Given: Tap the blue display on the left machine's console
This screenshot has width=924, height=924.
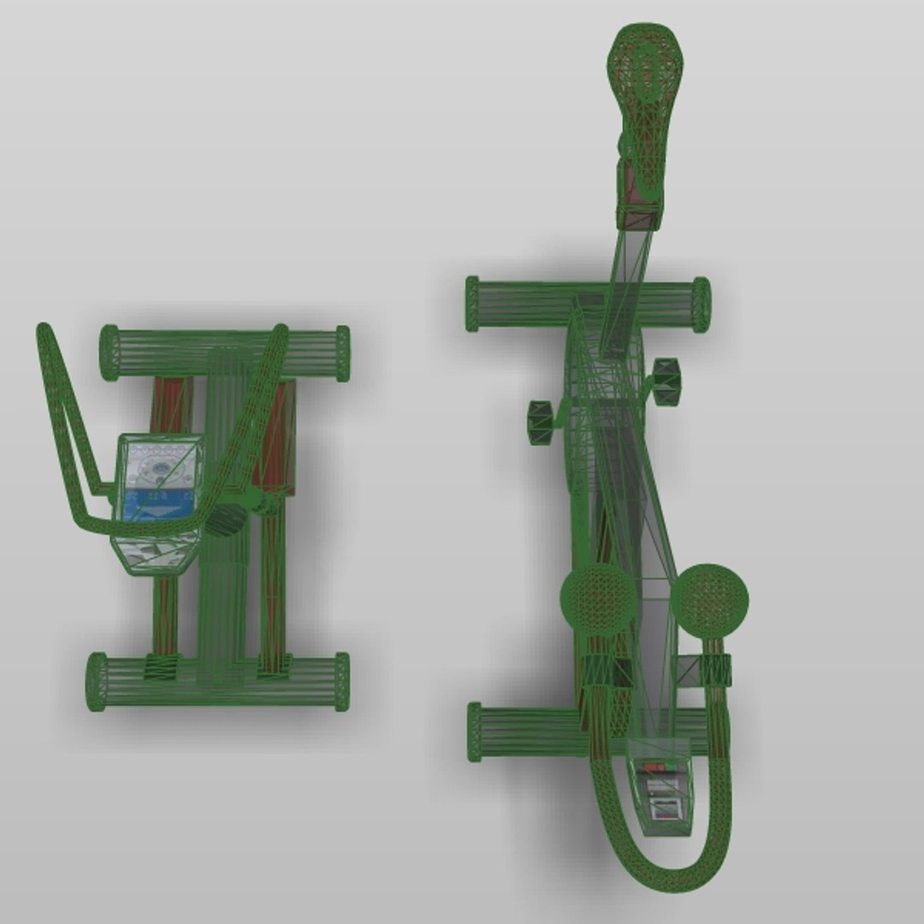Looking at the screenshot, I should click(158, 506).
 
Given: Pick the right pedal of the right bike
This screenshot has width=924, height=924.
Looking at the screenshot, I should click(666, 382).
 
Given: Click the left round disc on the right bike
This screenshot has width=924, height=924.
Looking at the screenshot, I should click(598, 599).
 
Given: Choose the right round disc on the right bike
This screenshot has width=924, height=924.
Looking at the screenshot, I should click(709, 601).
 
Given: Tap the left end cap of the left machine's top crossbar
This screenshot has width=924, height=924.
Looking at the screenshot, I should click(110, 352).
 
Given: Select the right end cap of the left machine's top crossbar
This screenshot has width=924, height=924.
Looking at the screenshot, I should click(342, 353).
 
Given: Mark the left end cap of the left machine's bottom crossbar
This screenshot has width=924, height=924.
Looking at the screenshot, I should click(97, 681).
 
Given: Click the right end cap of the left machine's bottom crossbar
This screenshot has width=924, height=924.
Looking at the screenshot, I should click(342, 681).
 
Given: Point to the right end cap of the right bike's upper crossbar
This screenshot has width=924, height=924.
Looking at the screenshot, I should click(702, 305).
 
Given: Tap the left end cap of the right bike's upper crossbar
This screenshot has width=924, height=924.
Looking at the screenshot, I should click(472, 304).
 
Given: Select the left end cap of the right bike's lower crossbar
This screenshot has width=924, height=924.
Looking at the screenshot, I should click(475, 731).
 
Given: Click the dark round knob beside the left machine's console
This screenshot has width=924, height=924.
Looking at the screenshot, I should click(228, 519).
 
